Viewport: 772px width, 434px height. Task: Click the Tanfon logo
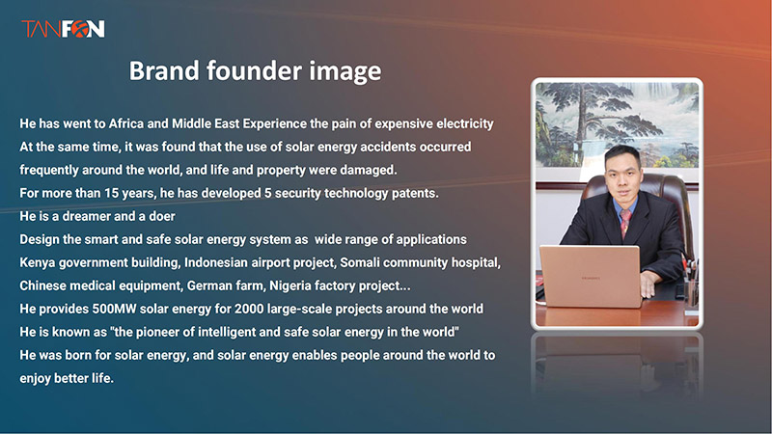63,29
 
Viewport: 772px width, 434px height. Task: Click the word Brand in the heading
164,70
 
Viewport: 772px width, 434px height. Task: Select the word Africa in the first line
125,123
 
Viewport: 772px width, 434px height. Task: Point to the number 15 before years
111,193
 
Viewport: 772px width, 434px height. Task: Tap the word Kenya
38,262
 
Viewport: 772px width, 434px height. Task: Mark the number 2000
249,309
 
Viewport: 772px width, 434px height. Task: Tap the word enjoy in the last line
35,378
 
